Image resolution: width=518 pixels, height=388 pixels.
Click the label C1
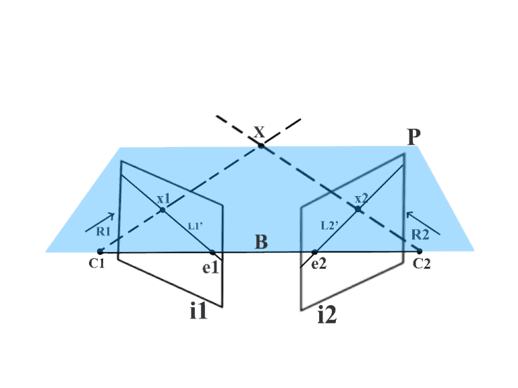[97, 263]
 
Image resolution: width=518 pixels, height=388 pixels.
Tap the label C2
[422, 264]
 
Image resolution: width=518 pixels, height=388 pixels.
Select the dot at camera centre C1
[100, 251]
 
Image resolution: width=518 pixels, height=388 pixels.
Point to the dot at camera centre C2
[420, 251]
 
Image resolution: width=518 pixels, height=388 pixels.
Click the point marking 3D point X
[261, 145]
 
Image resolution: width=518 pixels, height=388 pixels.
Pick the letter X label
[259, 132]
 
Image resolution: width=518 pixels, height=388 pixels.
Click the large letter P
[414, 137]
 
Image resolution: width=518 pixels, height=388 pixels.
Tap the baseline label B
[261, 242]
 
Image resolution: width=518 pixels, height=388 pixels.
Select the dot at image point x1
[162, 210]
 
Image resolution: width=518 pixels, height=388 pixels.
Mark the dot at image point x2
[357, 209]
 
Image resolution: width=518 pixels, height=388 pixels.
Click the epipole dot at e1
[212, 253]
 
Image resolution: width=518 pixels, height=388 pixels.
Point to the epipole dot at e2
[314, 253]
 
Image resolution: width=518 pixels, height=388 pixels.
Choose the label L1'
[195, 226]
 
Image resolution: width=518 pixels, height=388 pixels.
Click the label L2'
[329, 226]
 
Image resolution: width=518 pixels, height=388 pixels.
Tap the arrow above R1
[100, 222]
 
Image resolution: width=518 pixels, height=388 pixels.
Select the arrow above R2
[423, 224]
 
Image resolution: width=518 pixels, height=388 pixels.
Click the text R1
[103, 232]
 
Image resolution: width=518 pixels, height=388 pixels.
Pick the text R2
[420, 234]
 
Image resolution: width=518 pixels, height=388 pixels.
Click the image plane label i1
[198, 311]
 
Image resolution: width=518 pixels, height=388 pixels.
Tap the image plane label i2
[327, 315]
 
